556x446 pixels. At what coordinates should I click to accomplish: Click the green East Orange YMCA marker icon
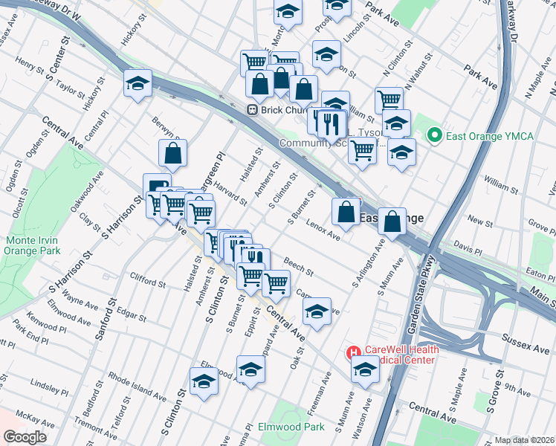point(434,136)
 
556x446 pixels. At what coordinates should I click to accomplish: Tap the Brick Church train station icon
point(252,110)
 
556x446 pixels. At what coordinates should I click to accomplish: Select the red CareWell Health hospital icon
point(353,352)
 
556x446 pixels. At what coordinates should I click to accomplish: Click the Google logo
point(25,437)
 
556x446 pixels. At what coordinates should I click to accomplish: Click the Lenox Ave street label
point(323,232)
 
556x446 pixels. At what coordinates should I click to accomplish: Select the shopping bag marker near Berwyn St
point(172,154)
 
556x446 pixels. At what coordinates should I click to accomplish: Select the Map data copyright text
point(525,440)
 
